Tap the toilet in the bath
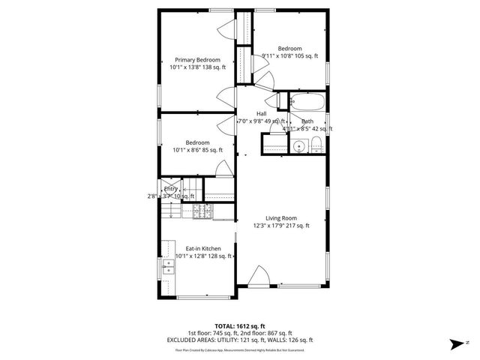pos(317,145)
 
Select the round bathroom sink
pos(298,145)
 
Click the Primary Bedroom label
pos(198,60)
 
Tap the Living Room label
pos(281,218)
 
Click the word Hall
pos(261,114)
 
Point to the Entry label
pos(171,189)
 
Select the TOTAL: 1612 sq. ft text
pos(239,325)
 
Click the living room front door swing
pos(259,276)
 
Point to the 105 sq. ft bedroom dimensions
pos(289,55)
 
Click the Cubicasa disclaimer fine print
pos(239,349)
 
